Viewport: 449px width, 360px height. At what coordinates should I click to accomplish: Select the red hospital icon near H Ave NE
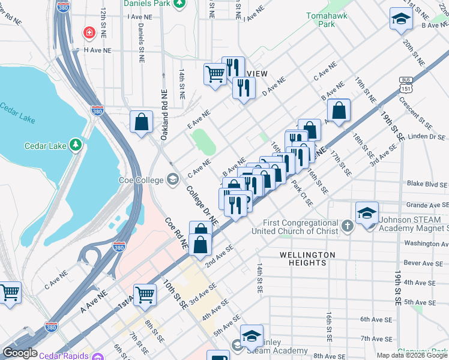89,31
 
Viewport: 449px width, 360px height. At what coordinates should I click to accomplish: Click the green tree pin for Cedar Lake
76,145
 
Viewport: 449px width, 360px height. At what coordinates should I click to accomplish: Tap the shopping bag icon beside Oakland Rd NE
141,122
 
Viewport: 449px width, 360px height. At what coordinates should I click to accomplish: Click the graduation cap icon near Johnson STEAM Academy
367,214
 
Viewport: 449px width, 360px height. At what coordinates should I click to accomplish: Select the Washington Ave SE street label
426,243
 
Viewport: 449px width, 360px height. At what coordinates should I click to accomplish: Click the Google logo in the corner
20,353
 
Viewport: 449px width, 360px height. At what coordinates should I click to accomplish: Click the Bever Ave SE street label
427,263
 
